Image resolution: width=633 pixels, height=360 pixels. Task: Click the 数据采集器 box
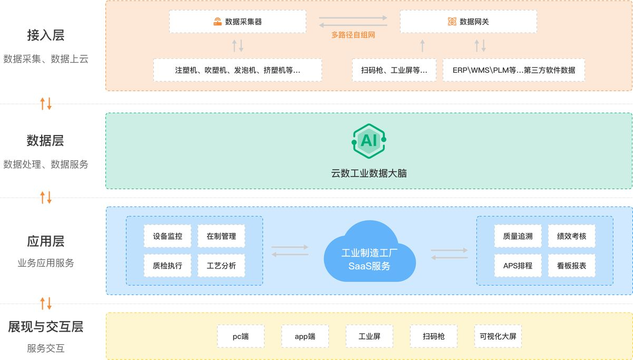click(x=237, y=22)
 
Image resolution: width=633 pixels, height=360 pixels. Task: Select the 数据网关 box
click(x=468, y=22)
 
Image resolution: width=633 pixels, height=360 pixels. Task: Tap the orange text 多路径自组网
click(x=353, y=35)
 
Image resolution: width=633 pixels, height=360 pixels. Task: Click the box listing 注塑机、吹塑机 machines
click(x=237, y=70)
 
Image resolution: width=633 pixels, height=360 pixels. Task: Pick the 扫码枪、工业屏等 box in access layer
click(x=394, y=70)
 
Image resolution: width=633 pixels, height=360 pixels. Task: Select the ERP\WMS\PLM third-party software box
click(x=513, y=70)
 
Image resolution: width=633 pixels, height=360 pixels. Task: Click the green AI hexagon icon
click(x=368, y=140)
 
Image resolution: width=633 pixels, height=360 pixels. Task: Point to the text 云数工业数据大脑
click(x=368, y=173)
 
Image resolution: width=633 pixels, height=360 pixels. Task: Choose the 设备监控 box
click(x=168, y=236)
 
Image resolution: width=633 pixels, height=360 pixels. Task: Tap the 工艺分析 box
click(x=221, y=266)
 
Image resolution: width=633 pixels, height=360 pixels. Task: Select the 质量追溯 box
click(x=518, y=236)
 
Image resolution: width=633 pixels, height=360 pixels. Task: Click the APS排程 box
click(x=518, y=266)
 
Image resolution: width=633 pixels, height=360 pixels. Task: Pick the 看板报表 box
click(x=571, y=266)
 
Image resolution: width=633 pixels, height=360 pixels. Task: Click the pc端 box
click(x=240, y=336)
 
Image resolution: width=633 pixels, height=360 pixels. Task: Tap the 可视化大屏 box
click(x=498, y=336)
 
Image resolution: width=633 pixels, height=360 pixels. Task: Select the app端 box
click(x=305, y=336)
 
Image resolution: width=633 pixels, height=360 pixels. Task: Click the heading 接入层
click(x=45, y=35)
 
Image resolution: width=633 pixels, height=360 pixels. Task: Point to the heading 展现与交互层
click(x=45, y=327)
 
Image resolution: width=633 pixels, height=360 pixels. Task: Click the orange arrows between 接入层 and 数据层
click(x=46, y=103)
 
